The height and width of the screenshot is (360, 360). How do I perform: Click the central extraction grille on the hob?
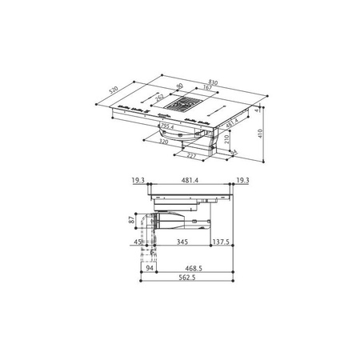click(185, 104)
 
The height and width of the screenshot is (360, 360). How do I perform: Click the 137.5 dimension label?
click(222, 240)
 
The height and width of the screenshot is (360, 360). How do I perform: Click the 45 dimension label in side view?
click(138, 240)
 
